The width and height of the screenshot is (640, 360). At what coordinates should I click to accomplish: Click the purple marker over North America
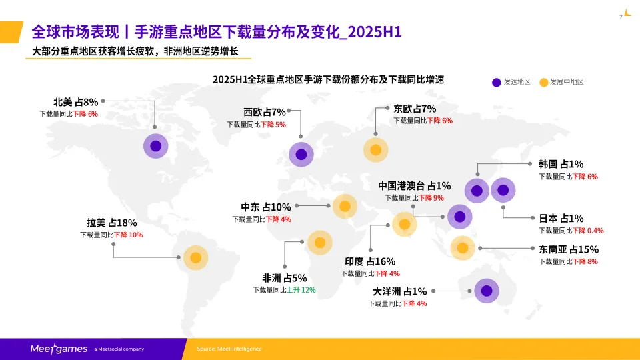155,146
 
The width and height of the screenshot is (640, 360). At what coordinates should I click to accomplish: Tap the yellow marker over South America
195,257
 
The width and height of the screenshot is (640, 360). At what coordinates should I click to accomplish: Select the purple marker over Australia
487,291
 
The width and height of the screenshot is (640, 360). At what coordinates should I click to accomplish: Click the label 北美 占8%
75,102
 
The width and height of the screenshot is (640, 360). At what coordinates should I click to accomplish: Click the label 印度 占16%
370,261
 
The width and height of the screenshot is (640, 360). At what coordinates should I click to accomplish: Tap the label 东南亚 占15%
569,249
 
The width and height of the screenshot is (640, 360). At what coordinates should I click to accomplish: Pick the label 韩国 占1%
561,164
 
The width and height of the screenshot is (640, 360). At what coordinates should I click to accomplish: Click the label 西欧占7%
264,112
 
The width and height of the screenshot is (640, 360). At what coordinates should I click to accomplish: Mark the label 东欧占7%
415,109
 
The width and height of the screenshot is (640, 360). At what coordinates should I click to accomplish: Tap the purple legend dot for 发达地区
496,82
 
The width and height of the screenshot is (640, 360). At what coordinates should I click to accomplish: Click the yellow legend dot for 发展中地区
543,82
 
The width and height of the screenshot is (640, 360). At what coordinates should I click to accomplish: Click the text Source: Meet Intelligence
229,349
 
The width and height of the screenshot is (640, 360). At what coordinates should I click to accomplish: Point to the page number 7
621,17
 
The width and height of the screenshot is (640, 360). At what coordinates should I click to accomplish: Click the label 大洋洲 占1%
399,291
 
